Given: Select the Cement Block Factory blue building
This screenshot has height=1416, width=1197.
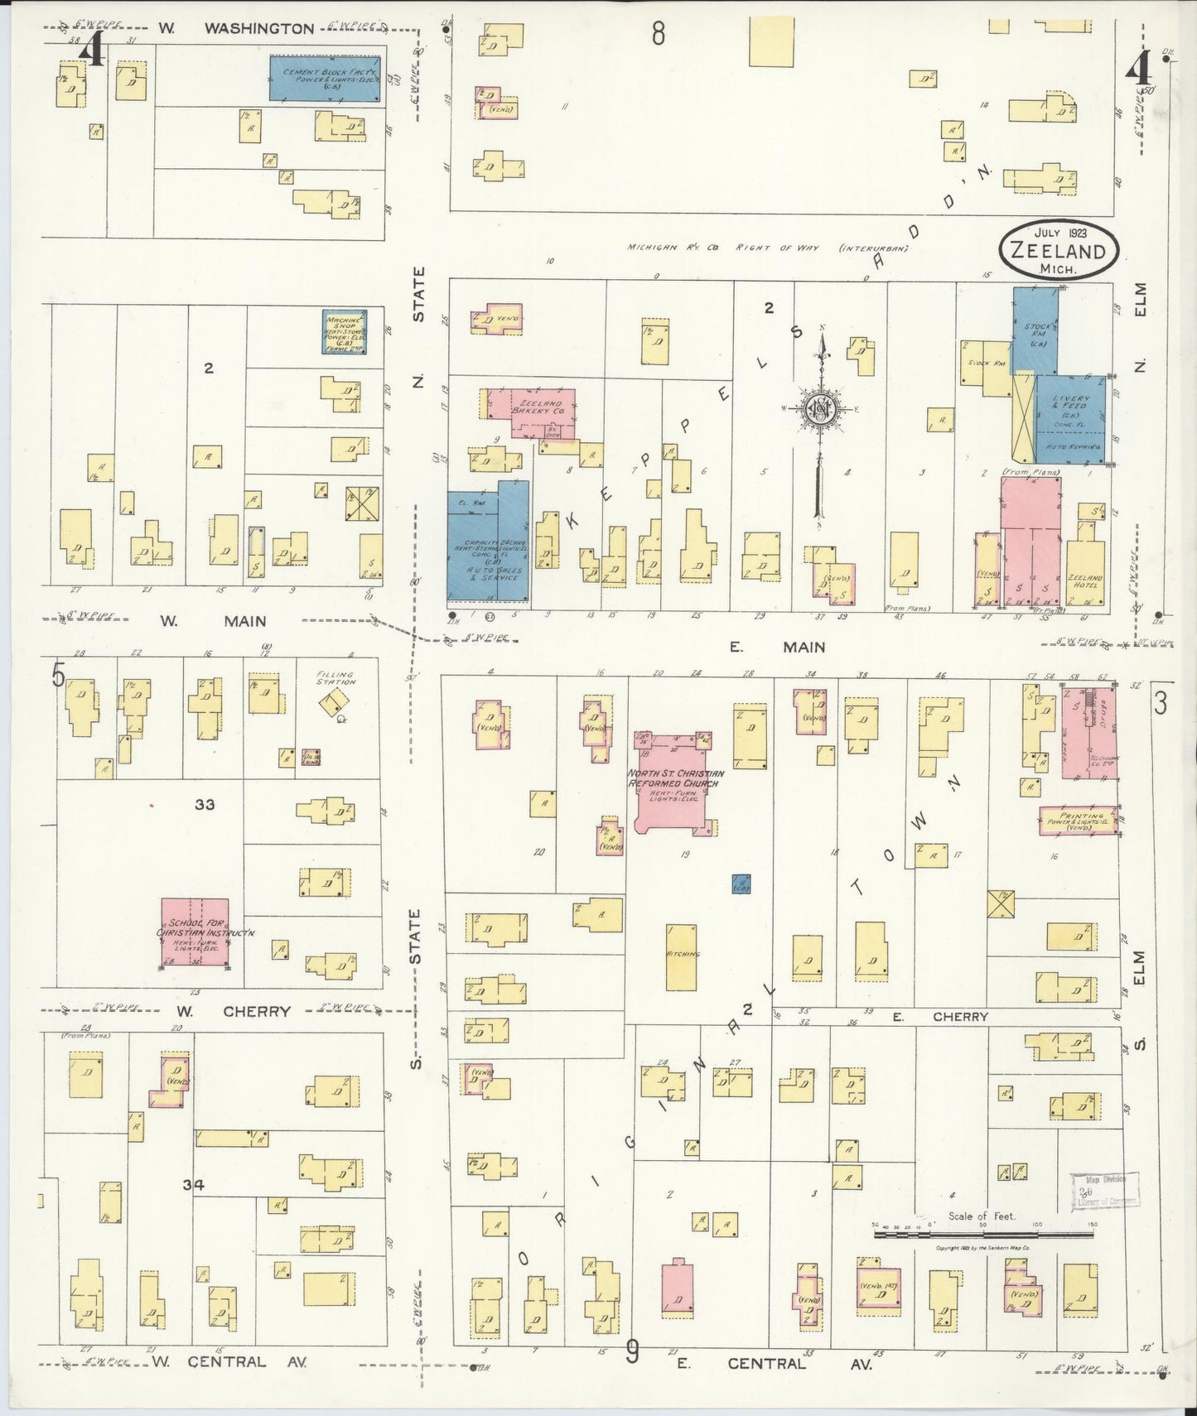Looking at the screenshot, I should click(x=325, y=79).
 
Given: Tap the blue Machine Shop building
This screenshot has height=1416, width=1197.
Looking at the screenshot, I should click(x=345, y=331).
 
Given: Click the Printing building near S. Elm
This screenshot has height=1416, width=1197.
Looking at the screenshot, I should click(x=1078, y=820).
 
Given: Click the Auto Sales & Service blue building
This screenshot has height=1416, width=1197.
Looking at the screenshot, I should click(x=488, y=547).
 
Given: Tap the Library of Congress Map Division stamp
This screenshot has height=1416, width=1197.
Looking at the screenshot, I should click(x=1105, y=1191).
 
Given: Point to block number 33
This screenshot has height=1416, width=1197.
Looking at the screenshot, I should click(x=205, y=803).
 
